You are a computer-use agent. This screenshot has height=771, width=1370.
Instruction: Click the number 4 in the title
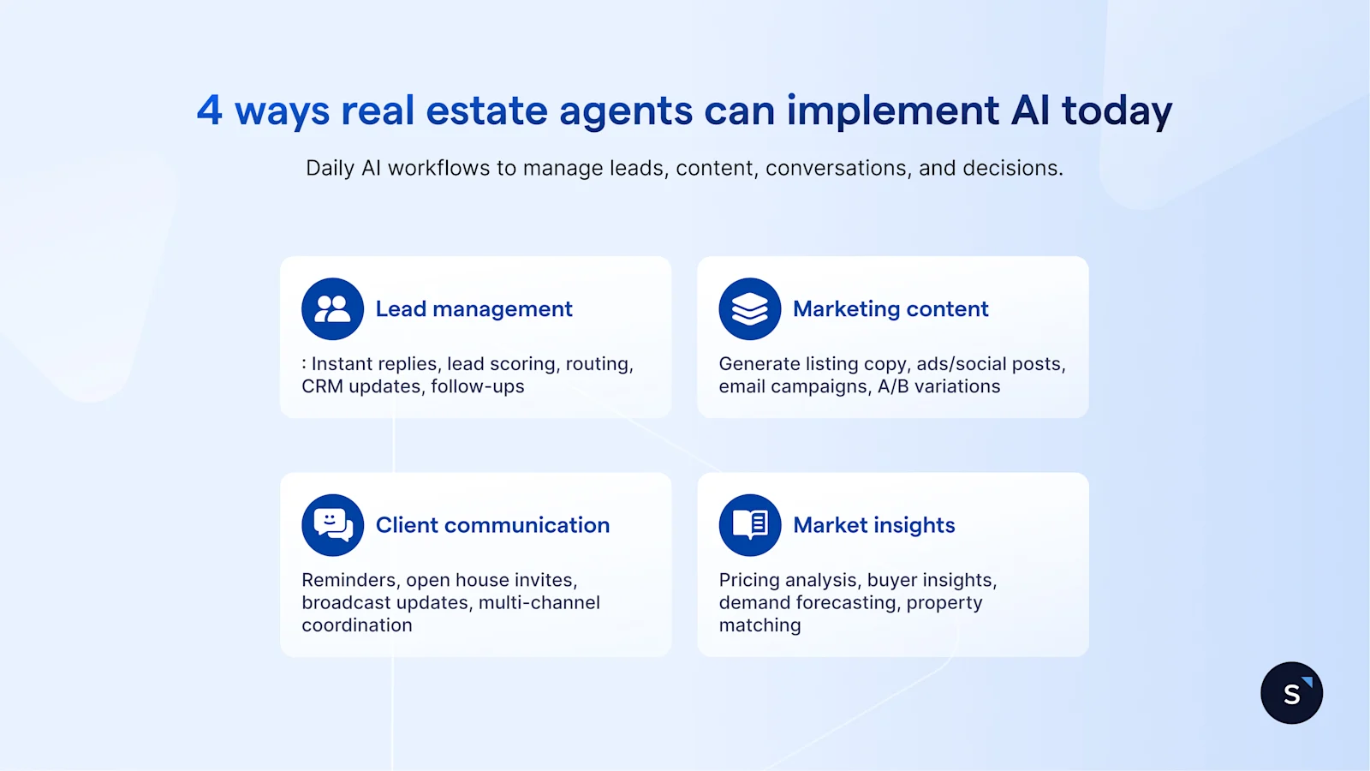tap(210, 111)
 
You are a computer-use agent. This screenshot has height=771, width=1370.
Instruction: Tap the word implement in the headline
tap(892, 111)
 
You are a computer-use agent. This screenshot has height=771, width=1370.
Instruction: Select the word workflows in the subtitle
tap(439, 168)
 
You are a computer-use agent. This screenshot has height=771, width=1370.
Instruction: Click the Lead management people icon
tap(332, 309)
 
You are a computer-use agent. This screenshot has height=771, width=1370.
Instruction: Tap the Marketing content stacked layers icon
tap(750, 309)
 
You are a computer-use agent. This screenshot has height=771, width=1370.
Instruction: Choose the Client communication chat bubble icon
tap(332, 525)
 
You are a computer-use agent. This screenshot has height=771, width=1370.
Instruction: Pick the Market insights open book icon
tap(750, 525)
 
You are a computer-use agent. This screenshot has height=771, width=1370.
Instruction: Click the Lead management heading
tap(474, 309)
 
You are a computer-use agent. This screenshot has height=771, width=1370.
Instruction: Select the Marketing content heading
tap(890, 309)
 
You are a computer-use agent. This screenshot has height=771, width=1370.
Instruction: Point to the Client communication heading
tap(492, 525)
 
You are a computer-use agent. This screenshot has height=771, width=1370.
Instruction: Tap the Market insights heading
tap(873, 525)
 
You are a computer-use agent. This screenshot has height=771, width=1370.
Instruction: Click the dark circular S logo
tap(1291, 693)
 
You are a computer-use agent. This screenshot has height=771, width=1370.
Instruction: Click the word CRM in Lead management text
tap(322, 386)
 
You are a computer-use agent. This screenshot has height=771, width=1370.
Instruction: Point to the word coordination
tap(357, 625)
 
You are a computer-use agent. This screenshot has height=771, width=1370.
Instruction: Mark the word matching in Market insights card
tap(759, 626)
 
